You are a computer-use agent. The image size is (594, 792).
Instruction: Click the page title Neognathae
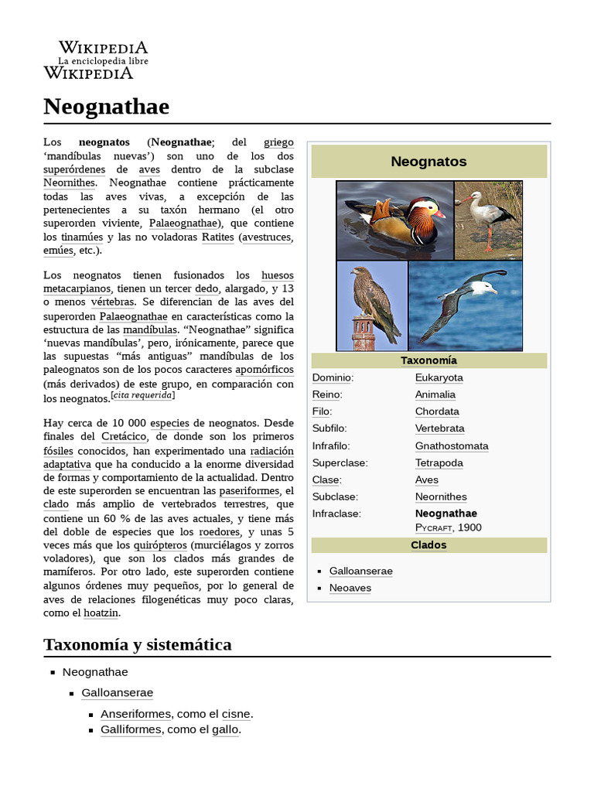[106, 106]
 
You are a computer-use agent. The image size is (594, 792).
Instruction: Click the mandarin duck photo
[394, 220]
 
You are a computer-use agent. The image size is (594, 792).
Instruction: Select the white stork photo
[488, 220]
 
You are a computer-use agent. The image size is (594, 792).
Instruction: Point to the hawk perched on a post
[371, 306]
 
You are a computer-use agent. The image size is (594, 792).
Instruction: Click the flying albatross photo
[465, 306]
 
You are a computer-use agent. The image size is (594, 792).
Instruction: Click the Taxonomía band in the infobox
[428, 360]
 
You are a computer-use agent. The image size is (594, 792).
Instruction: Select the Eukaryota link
[439, 377]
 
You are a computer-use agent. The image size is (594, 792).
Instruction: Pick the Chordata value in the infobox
[436, 411]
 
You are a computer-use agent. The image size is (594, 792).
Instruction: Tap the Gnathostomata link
[451, 445]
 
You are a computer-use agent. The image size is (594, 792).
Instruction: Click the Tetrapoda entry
[439, 463]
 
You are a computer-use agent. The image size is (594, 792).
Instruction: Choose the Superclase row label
[340, 463]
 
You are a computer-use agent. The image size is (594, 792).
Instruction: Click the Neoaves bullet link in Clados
[350, 588]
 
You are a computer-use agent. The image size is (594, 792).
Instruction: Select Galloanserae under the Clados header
[360, 571]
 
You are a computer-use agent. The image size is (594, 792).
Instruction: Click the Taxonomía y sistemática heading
[137, 644]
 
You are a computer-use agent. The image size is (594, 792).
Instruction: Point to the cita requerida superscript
[142, 395]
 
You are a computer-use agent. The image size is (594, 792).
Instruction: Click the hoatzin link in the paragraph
[101, 613]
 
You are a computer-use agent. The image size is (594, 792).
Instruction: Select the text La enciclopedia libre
[103, 60]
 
